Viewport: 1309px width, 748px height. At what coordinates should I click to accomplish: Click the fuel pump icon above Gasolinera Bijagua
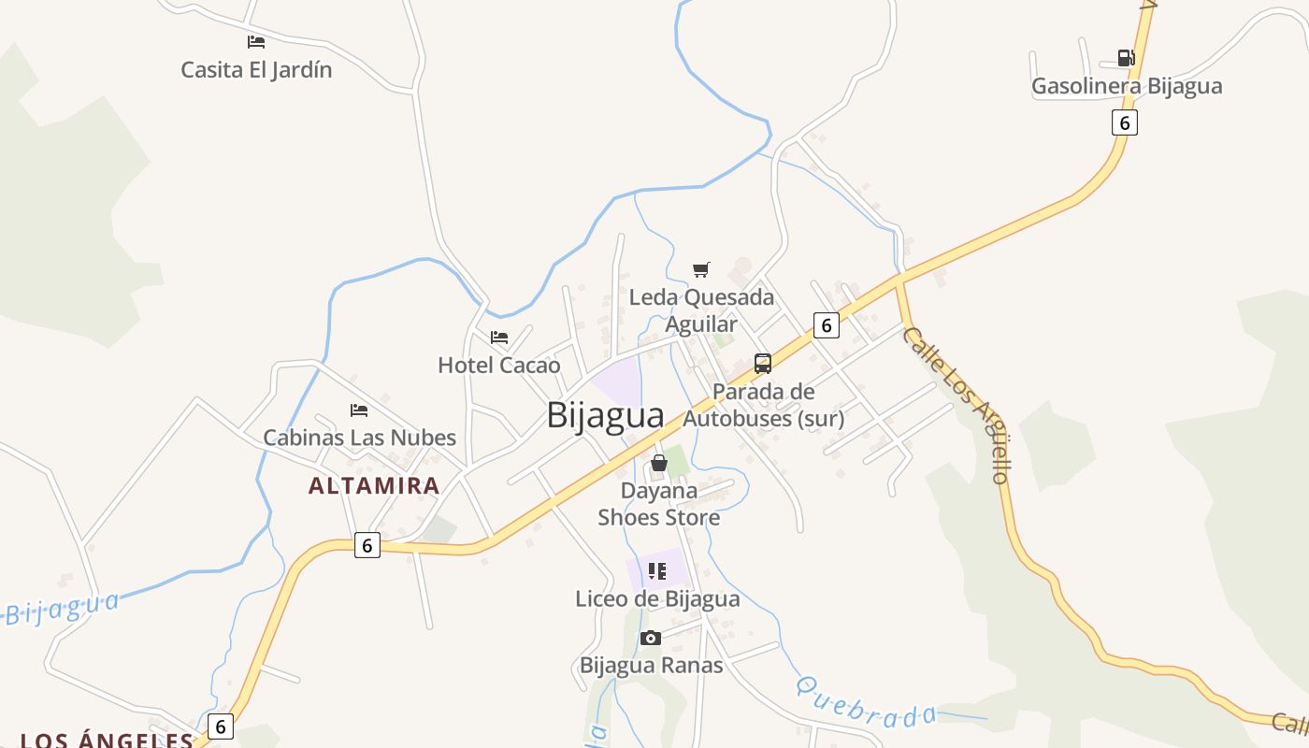coord(1126,58)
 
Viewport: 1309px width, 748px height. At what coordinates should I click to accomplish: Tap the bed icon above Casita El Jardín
coord(256,42)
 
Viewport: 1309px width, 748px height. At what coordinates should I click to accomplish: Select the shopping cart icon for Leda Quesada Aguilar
coord(701,270)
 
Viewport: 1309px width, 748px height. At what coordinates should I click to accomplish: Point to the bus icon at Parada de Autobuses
coord(763,364)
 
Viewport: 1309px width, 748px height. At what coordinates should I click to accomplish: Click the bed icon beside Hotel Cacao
coord(499,338)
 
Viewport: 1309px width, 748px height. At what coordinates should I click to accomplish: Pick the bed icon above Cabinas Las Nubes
coord(359,410)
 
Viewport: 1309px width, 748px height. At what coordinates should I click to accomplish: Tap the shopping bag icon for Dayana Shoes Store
coord(659,463)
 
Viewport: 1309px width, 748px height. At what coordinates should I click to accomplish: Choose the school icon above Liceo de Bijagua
coord(657,570)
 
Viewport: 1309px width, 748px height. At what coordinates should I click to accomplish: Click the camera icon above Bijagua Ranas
coord(651,639)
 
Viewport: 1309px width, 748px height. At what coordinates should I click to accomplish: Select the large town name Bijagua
coord(605,415)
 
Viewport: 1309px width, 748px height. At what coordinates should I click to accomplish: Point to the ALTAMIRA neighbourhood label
coord(374,485)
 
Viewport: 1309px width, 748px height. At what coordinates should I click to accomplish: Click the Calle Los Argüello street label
coord(957,404)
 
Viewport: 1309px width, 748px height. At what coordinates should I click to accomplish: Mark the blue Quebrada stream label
coord(866,701)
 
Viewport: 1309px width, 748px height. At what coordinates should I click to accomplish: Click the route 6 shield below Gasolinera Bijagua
coord(1125,122)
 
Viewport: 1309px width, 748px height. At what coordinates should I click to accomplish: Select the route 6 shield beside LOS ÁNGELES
coord(220,726)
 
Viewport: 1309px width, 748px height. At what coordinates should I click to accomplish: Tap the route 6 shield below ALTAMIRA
coord(367,545)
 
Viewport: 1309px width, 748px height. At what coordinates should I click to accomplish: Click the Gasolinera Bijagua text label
coord(1127,86)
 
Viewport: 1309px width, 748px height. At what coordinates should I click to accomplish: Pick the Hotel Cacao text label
coord(499,365)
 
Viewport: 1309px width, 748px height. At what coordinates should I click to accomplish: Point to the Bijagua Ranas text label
coord(652,666)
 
